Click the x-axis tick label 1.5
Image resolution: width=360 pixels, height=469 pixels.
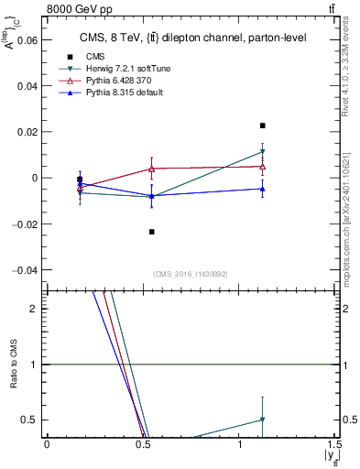(335, 444)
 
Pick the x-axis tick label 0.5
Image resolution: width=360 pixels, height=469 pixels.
(142, 444)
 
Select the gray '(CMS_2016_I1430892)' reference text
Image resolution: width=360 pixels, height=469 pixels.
(191, 275)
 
